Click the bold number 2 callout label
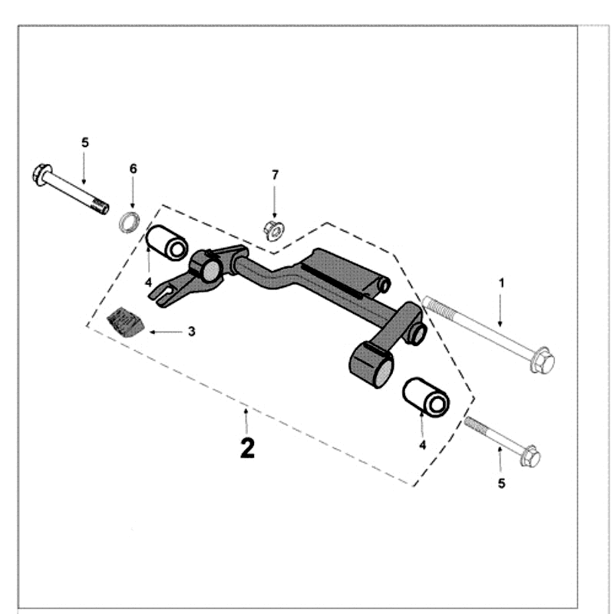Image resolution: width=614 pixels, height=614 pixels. [246, 447]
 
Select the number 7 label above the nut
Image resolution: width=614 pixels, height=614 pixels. [275, 175]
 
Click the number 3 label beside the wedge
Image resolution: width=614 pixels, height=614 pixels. [191, 332]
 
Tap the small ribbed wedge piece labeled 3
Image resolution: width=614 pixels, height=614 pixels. [125, 320]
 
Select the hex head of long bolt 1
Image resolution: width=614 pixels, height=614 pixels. [542, 360]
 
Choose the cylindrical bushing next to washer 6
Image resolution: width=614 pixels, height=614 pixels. [167, 243]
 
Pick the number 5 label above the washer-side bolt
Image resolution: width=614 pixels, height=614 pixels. [85, 142]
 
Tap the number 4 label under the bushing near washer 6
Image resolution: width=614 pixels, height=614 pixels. [148, 282]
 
